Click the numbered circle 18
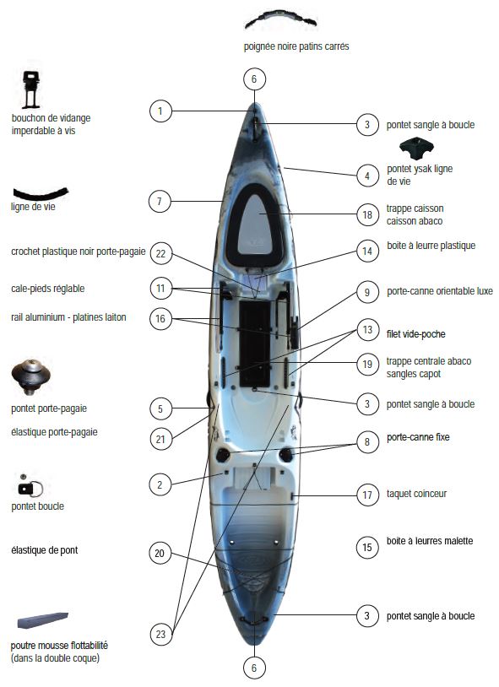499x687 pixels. [x=367, y=214]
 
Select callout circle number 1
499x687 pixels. [x=160, y=111]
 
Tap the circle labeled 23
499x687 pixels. [x=160, y=634]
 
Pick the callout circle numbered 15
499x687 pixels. [x=367, y=547]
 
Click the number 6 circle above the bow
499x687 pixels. [x=254, y=79]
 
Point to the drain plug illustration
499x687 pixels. [x=31, y=89]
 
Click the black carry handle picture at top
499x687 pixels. [x=280, y=19]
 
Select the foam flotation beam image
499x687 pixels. [x=42, y=619]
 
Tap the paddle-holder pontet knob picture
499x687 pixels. [x=30, y=376]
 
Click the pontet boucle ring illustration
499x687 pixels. [x=30, y=486]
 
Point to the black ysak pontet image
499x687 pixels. [x=416, y=149]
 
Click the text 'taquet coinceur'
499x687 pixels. [x=416, y=494]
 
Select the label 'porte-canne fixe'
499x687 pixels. [x=418, y=437]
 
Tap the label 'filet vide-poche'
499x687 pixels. [x=415, y=334]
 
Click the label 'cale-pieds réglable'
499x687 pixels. [x=48, y=289]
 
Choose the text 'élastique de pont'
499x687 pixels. [x=44, y=550]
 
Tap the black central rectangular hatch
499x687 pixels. [x=254, y=343]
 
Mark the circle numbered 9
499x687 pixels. [x=367, y=292]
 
